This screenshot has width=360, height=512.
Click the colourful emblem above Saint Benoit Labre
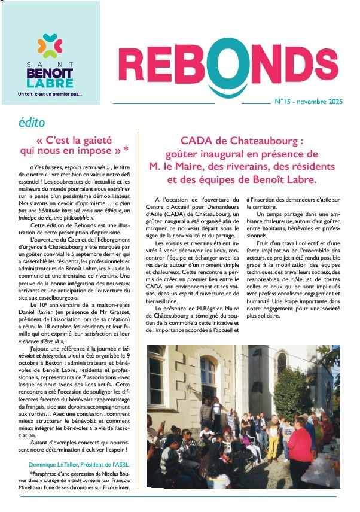[50, 45]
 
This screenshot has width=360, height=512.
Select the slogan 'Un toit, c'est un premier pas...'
[50, 94]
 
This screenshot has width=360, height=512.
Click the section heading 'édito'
[31, 123]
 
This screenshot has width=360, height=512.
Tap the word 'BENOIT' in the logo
[50, 72]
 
